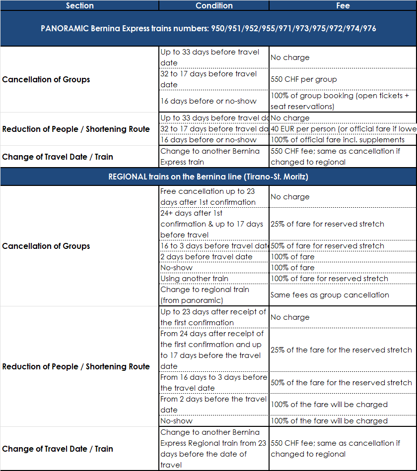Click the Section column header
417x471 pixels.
pos(79,5)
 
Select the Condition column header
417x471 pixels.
pos(214,5)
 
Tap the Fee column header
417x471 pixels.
pos(343,5)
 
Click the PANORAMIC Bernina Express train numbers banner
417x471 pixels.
pos(208,28)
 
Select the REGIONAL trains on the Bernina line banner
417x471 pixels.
pos(208,177)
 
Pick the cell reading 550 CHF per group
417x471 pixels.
pos(343,79)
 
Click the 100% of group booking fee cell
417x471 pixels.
pos(343,101)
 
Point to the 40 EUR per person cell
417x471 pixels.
pos(343,129)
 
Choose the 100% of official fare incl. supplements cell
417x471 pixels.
pos(343,140)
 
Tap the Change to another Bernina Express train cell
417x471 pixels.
pos(214,157)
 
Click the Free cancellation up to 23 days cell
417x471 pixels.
pos(214,197)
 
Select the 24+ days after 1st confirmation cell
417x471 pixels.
pos(214,224)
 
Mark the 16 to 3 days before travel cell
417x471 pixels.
pos(214,246)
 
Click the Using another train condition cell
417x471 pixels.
pos(214,279)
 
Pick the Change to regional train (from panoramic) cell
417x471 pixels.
pos(214,295)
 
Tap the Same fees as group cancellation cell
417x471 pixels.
pos(343,295)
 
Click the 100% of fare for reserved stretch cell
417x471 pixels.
pos(343,279)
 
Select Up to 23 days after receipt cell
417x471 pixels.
pos(214,317)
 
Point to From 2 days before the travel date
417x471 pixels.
pos(214,405)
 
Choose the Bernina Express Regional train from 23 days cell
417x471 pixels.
pos(214,449)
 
